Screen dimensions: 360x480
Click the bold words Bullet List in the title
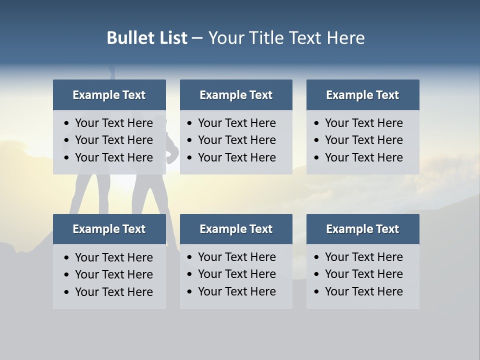(147, 38)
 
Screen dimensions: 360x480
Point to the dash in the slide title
(197, 38)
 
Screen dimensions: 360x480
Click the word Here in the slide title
(345, 38)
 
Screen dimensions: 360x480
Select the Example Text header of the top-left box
(109, 95)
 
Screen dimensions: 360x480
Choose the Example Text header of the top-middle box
(236, 95)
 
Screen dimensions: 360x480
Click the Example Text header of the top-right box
(362, 95)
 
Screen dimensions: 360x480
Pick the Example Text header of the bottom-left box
(109, 229)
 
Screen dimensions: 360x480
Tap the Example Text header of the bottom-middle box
(236, 229)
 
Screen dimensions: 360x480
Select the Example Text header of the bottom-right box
(362, 229)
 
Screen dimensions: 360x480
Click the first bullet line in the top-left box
(113, 123)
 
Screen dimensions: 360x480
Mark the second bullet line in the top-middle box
(236, 140)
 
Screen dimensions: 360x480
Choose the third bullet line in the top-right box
(363, 157)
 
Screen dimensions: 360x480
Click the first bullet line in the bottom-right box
(363, 257)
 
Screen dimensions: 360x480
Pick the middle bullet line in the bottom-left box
(113, 274)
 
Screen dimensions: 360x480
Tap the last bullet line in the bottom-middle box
(236, 291)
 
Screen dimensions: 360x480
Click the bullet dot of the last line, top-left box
(66, 158)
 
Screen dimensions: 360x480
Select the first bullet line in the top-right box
(363, 123)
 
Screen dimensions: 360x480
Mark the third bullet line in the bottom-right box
(363, 291)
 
